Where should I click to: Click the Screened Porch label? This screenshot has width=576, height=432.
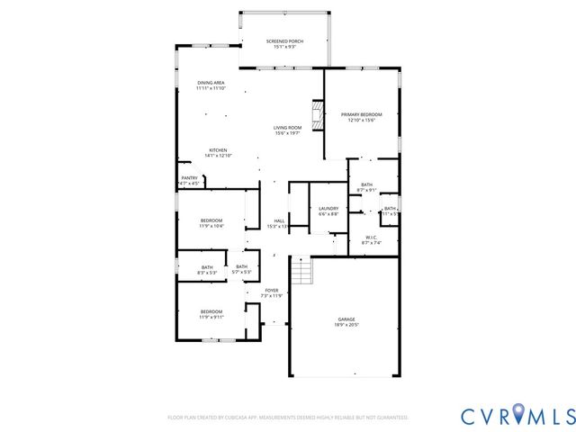point(284,41)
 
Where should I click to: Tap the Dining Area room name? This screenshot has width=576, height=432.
point(211,83)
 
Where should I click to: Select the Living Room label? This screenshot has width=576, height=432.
point(287,128)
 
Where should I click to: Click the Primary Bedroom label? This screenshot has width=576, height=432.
point(361,114)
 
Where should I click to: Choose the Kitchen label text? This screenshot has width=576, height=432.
point(219,149)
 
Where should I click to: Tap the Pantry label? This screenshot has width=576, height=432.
point(189,178)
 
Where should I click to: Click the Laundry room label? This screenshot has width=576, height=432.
point(328,208)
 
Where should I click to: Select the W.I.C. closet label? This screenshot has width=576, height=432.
point(372,237)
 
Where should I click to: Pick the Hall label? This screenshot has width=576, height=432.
point(279,220)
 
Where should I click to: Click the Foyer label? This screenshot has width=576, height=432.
point(271,290)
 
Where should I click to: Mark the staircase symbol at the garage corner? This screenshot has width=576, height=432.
point(301,270)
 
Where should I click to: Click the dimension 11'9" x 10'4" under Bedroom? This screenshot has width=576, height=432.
point(211,226)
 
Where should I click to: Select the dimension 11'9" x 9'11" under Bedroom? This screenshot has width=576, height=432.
point(211,317)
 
